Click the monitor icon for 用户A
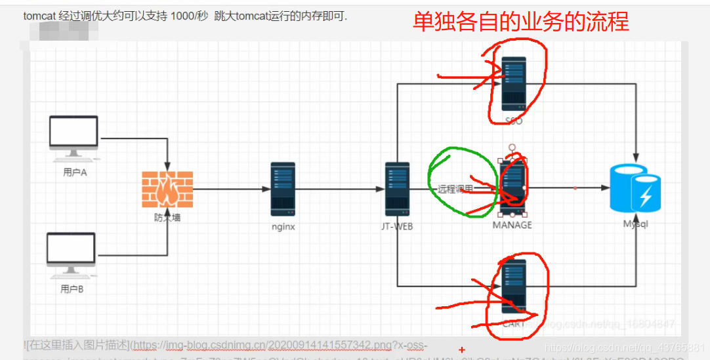point(73,136)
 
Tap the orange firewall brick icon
point(167,189)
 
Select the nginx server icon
point(283,189)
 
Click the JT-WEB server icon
point(397,189)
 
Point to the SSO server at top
point(514,83)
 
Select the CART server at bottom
point(514,287)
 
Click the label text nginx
point(283,227)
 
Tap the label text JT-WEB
point(398,227)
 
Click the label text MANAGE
point(512,225)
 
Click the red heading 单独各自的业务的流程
point(520,23)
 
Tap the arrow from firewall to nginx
point(230,189)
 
